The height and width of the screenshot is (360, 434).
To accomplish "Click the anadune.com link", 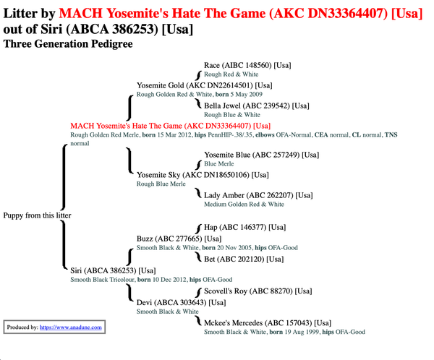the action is pyautogui.click(x=71, y=327).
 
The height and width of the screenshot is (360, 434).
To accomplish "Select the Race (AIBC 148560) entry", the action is pyautogui.click(x=247, y=65).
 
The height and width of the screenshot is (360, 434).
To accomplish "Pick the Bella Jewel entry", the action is pyautogui.click(x=257, y=106).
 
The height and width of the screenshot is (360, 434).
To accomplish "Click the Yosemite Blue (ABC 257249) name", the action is pyautogui.click(x=262, y=155).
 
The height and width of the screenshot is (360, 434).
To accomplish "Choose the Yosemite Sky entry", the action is pyautogui.click(x=203, y=175).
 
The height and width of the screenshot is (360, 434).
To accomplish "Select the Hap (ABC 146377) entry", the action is pyautogui.click(x=244, y=228).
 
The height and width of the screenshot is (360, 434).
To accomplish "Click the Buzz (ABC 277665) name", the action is pyautogui.click(x=179, y=239).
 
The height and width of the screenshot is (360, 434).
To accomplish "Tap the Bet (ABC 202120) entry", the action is pyautogui.click(x=244, y=260).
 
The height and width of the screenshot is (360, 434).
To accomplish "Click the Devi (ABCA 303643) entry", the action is pyautogui.click(x=181, y=303).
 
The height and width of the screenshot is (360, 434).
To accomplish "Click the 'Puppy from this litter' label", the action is pyautogui.click(x=37, y=215).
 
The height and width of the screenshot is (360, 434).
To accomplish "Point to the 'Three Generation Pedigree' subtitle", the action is pyautogui.click(x=68, y=44).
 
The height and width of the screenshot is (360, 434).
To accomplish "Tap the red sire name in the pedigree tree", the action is pyautogui.click(x=170, y=127).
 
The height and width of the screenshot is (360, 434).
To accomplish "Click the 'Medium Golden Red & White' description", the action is pyautogui.click(x=244, y=205).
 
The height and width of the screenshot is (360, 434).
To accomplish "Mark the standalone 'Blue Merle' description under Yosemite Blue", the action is pyautogui.click(x=219, y=164).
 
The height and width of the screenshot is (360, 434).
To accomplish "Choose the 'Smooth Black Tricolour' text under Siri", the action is pyautogui.click(x=102, y=280).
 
